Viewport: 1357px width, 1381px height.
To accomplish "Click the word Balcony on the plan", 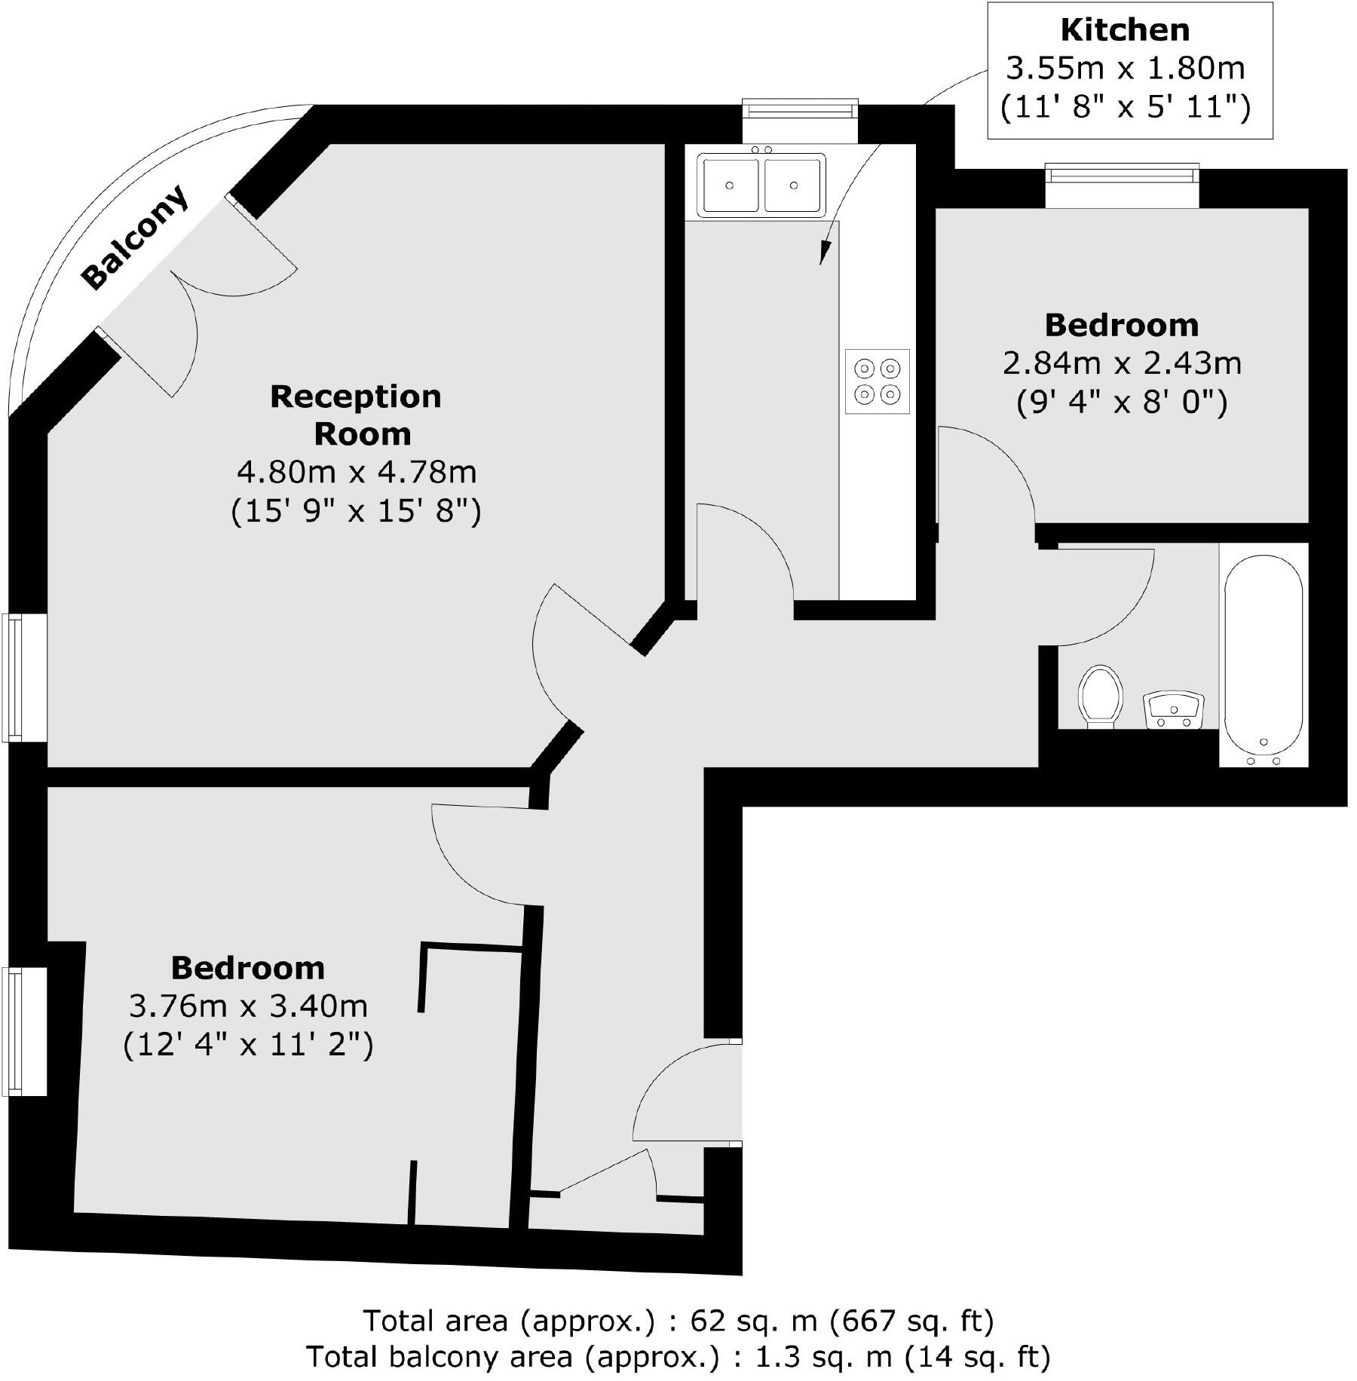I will [136, 237].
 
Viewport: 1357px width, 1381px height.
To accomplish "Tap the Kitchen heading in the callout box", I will [1125, 30].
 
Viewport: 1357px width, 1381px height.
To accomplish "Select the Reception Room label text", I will [356, 415].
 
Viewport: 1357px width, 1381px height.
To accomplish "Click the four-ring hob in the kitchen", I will [878, 381].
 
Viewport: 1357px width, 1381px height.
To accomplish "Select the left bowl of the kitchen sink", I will [730, 185].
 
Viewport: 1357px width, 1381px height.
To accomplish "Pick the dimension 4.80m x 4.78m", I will [357, 473].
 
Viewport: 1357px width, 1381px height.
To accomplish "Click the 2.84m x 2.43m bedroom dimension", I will [1122, 363].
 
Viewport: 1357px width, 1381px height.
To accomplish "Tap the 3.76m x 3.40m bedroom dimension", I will [248, 1006].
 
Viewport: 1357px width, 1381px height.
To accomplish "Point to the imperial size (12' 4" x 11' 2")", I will [248, 1046].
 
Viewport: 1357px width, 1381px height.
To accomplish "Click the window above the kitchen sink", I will [800, 111].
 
